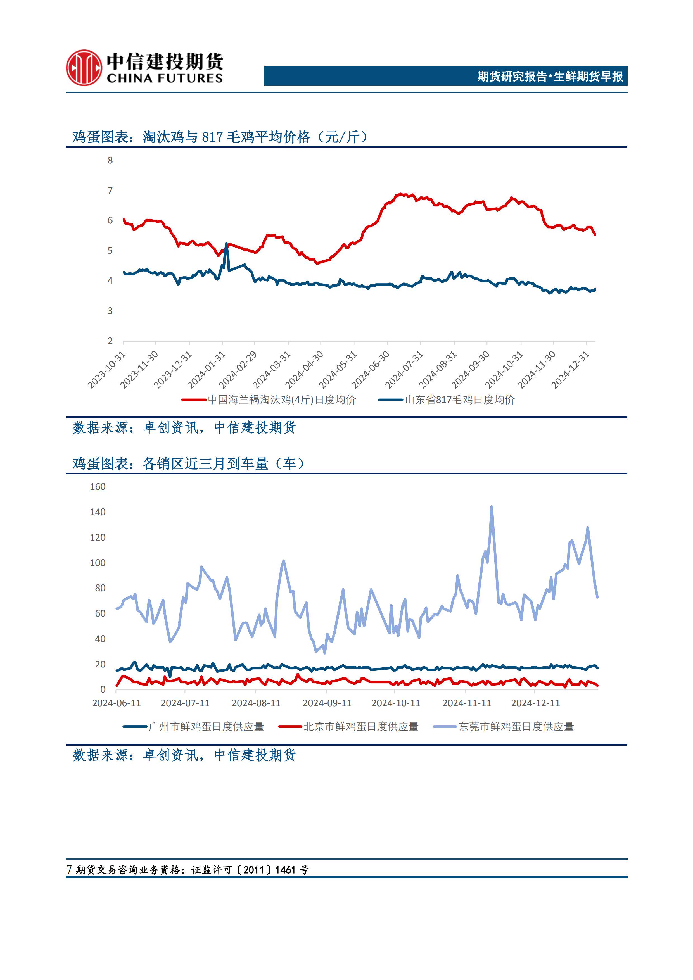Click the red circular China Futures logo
(84, 68)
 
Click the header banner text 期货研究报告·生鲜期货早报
(550, 76)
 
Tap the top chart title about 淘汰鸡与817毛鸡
(220, 137)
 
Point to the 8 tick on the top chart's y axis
(110, 160)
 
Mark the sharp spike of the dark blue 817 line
(226, 244)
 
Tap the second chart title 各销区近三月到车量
(188, 463)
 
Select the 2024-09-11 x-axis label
(327, 703)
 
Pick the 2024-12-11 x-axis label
(535, 703)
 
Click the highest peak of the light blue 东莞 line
(492, 507)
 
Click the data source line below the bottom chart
(184, 755)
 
